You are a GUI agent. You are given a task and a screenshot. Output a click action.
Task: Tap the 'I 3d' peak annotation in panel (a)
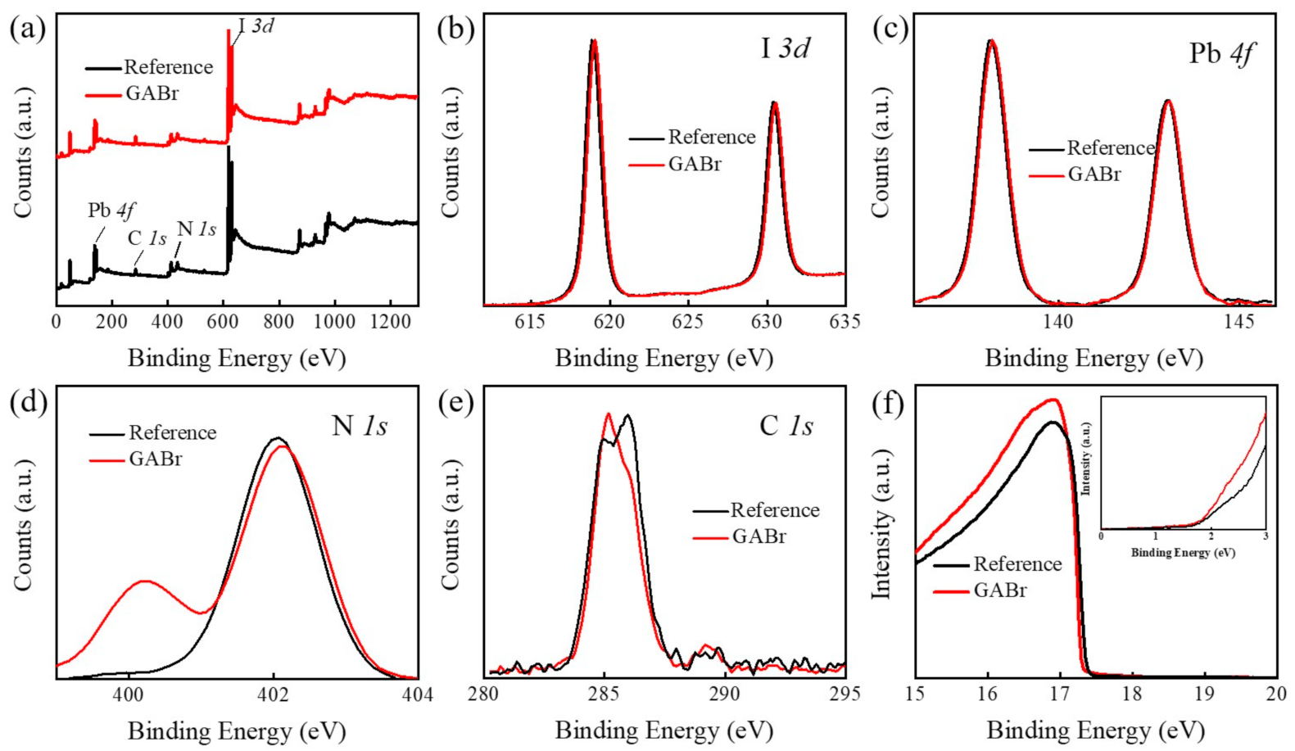[x=256, y=26]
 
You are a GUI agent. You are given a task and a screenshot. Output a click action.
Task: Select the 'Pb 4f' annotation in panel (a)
[x=111, y=210]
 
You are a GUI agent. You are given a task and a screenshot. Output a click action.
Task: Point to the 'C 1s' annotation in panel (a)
[x=147, y=238]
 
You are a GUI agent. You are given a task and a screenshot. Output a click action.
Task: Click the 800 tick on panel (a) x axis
[x=279, y=322]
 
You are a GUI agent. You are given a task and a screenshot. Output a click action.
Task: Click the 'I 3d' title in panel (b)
[x=785, y=48]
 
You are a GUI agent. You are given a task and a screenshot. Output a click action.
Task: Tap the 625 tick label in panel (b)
[x=687, y=322]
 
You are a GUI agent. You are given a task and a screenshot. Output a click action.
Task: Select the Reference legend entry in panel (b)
[x=711, y=137]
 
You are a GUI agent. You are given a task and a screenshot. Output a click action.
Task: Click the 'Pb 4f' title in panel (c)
[x=1221, y=54]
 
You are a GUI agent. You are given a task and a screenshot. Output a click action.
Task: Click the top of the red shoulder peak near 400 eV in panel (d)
[x=144, y=581]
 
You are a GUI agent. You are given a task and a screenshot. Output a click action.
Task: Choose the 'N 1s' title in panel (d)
[x=360, y=426]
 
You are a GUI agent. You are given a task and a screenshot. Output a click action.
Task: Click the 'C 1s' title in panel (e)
[x=786, y=426]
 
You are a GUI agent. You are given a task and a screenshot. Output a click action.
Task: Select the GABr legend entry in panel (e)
[x=758, y=536]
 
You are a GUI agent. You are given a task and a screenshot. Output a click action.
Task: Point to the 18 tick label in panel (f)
[x=1132, y=694]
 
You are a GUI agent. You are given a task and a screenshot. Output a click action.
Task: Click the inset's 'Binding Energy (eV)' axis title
[x=1183, y=553]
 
